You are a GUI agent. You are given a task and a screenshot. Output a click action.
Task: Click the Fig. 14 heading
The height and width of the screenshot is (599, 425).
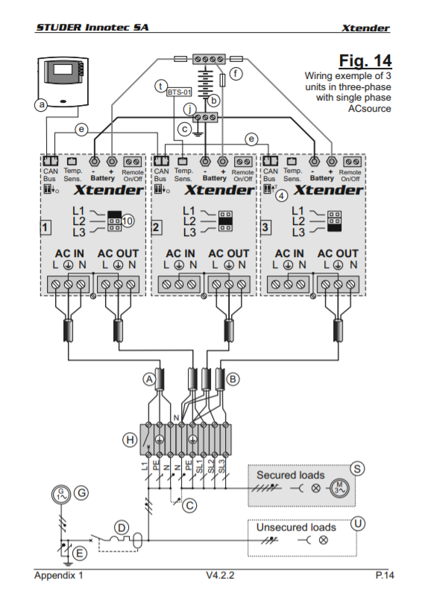pos(365,61)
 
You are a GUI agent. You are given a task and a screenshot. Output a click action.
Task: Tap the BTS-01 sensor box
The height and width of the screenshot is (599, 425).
pos(179,92)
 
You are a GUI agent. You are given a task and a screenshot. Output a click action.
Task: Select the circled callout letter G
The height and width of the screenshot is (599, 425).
pos(81,492)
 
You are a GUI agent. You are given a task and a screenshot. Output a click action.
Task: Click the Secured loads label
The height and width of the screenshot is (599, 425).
pos(291,475)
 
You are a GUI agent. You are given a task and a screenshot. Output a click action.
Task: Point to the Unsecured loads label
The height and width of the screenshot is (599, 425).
pos(296,527)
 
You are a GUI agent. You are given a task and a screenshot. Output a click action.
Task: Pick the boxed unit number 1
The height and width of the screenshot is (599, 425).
pos(45,228)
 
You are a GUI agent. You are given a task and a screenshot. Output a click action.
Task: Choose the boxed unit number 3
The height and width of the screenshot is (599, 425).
pos(265,228)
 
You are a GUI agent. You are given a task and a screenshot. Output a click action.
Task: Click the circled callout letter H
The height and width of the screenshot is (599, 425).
pos(130,440)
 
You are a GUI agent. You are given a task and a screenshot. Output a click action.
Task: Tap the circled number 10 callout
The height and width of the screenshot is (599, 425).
pos(127,221)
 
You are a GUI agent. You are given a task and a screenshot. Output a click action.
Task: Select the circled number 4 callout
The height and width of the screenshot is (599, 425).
pos(282,196)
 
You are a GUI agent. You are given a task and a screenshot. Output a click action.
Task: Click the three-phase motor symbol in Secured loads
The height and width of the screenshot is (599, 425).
pos(339,488)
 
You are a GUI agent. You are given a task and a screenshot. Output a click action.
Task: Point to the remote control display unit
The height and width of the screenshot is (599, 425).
pos(63,81)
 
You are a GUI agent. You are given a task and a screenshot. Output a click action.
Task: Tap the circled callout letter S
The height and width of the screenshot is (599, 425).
pos(357,469)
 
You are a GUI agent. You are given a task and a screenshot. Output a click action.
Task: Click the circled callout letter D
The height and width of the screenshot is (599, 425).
pos(122,528)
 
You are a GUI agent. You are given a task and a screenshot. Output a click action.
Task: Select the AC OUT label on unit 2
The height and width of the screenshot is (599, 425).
pos(229,253)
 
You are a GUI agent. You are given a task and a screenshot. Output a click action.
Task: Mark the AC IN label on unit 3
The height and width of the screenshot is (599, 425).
pos(289,253)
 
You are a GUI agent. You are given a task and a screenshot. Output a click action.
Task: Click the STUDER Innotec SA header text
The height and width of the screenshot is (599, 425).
pos(92,28)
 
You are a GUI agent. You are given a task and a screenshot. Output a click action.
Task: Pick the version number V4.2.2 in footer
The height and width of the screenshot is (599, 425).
pos(220,575)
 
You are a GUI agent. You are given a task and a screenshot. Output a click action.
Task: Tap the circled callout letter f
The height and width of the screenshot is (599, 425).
pos(236,73)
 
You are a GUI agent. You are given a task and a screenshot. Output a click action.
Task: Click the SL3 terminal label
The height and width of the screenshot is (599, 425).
pos(221,466)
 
